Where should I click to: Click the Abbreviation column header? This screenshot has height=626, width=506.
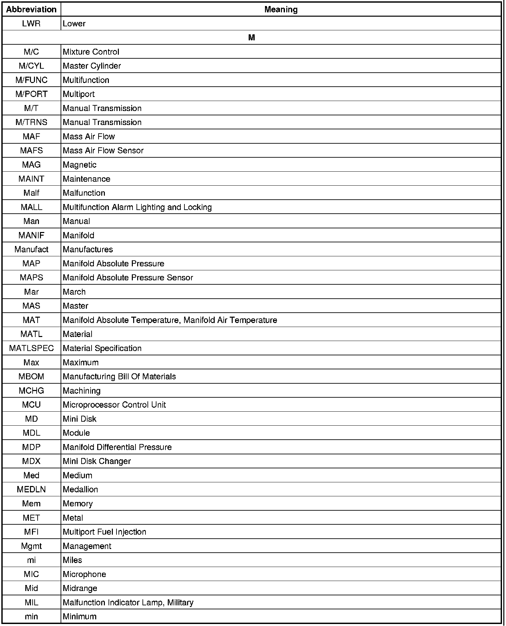click(31, 10)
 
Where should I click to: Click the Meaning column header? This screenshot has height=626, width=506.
click(281, 10)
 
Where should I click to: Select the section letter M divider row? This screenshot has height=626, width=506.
click(251, 38)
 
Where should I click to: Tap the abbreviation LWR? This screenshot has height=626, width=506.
click(31, 24)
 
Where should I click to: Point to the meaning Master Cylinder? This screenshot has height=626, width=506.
click(92, 66)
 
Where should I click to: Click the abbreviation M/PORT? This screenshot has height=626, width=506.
click(31, 94)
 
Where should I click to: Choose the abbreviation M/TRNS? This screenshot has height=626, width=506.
click(31, 122)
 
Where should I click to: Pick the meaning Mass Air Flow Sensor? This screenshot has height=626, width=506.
click(103, 151)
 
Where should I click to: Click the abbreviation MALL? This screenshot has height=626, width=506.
click(31, 207)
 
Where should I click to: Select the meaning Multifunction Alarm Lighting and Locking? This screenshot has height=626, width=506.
click(137, 207)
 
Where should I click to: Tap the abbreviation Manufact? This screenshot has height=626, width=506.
click(31, 250)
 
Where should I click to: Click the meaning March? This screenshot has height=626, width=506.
click(74, 292)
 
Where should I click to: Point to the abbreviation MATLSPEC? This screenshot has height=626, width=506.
click(31, 348)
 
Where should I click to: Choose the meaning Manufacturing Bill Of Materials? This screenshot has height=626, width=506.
click(119, 377)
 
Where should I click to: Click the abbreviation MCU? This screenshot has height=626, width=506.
click(31, 405)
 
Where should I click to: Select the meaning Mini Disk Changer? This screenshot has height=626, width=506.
click(97, 461)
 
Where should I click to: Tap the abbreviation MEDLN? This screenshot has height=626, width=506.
click(31, 490)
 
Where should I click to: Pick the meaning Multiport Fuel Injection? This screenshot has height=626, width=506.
click(104, 532)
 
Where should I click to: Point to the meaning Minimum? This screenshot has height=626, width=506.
click(80, 617)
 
